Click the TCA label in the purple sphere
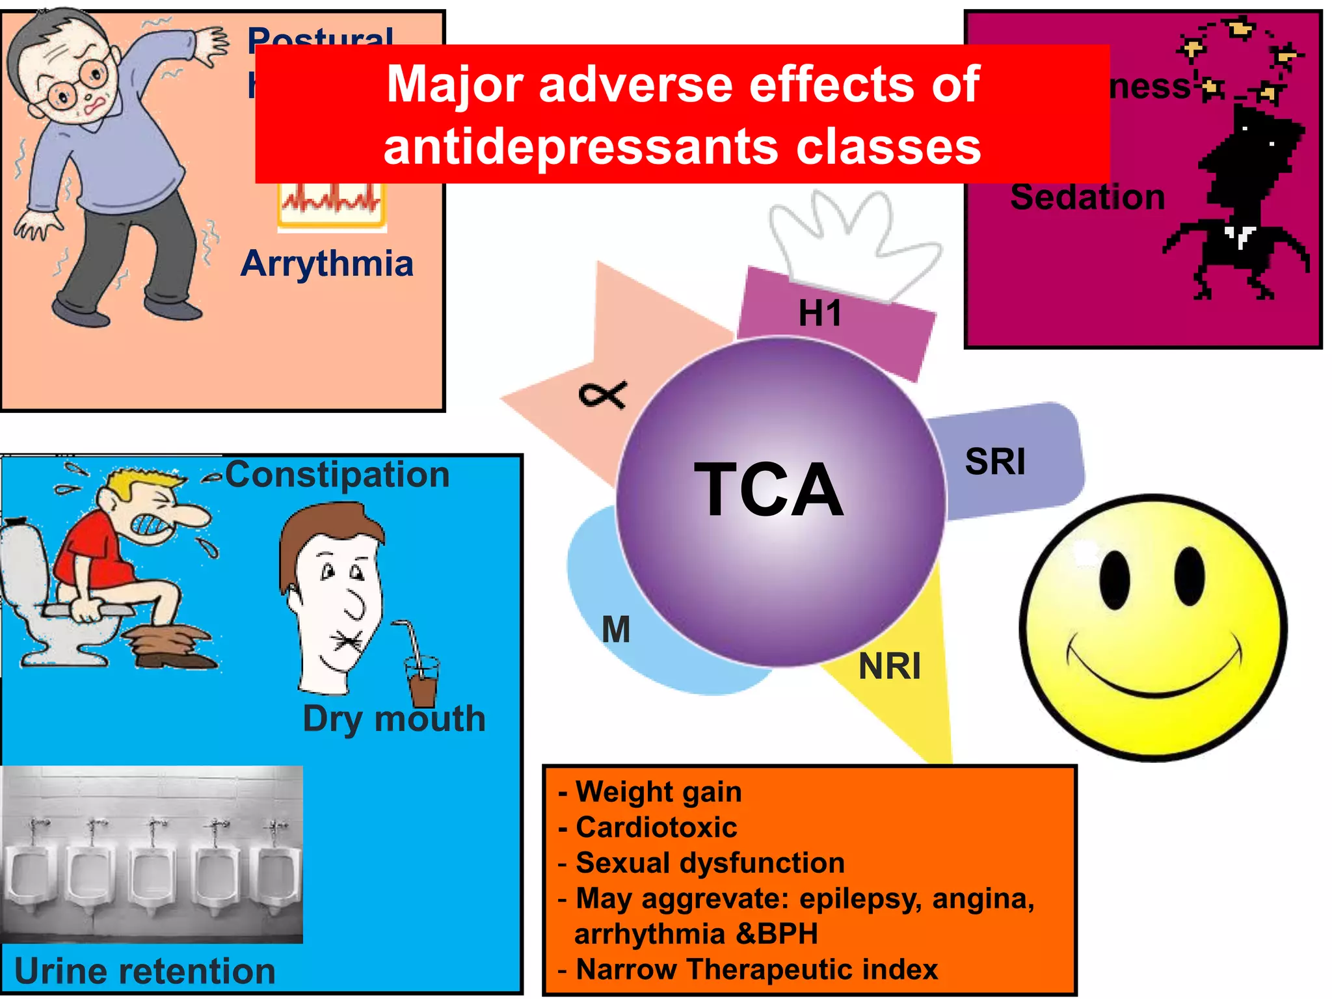(x=769, y=489)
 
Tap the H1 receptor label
(x=820, y=313)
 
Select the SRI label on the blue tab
(x=995, y=462)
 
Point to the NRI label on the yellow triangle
(x=889, y=666)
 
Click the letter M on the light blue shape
(x=615, y=630)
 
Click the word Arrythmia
(x=327, y=264)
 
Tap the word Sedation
(x=1087, y=197)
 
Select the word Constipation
(x=337, y=474)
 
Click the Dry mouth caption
(x=394, y=719)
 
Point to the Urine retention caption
(x=144, y=971)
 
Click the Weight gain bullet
(x=658, y=792)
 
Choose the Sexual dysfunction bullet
(x=710, y=863)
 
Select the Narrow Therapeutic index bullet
(x=756, y=969)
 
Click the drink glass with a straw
(x=422, y=680)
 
